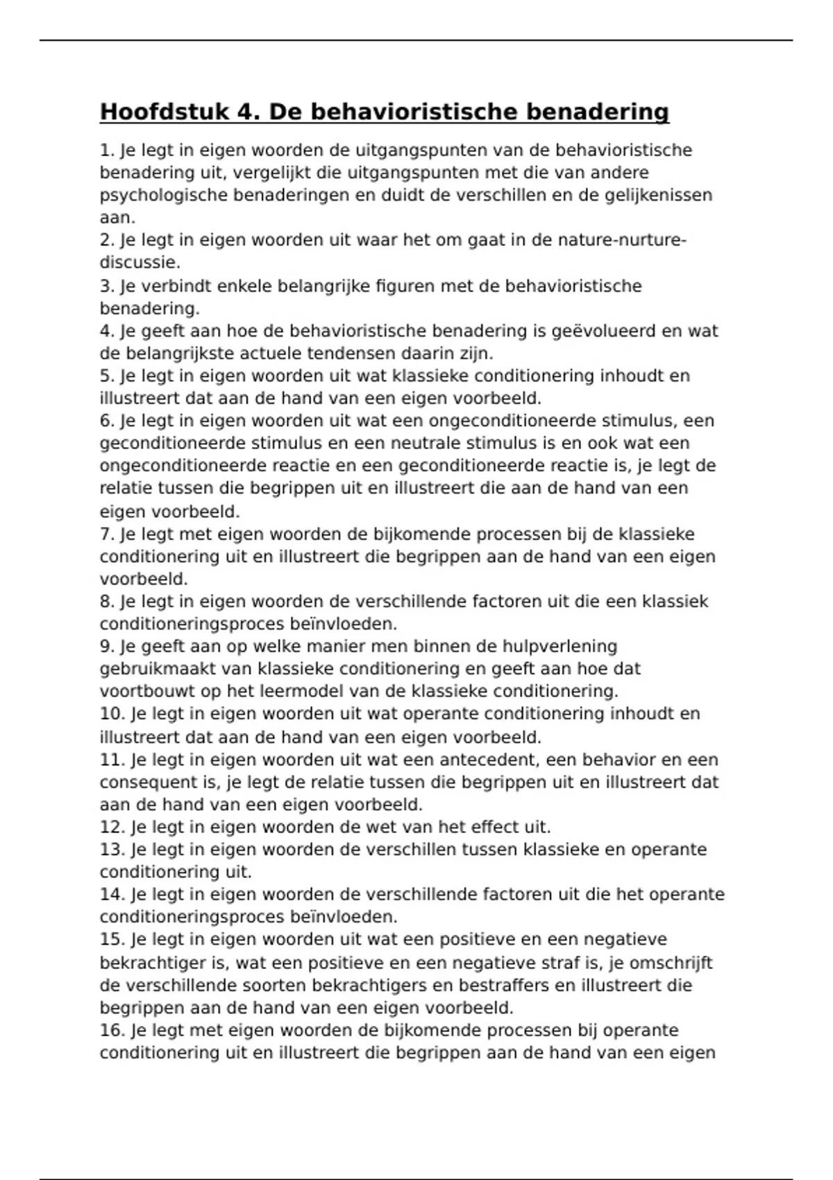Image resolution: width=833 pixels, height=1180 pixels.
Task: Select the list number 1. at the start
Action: click(107, 150)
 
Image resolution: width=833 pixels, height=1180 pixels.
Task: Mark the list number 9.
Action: click(107, 646)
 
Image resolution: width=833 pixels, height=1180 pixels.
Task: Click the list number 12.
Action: click(112, 827)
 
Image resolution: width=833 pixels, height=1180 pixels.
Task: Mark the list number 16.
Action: click(112, 1030)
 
